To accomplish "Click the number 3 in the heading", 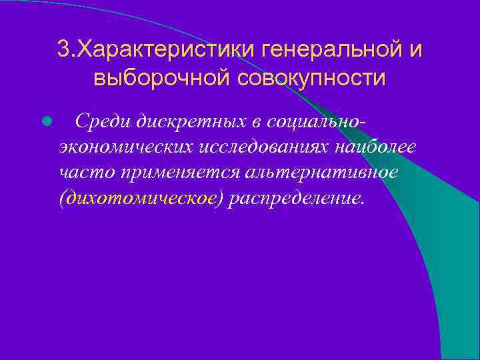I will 63,49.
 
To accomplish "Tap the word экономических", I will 124,147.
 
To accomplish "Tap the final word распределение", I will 295,199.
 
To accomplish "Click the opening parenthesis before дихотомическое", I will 62,199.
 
